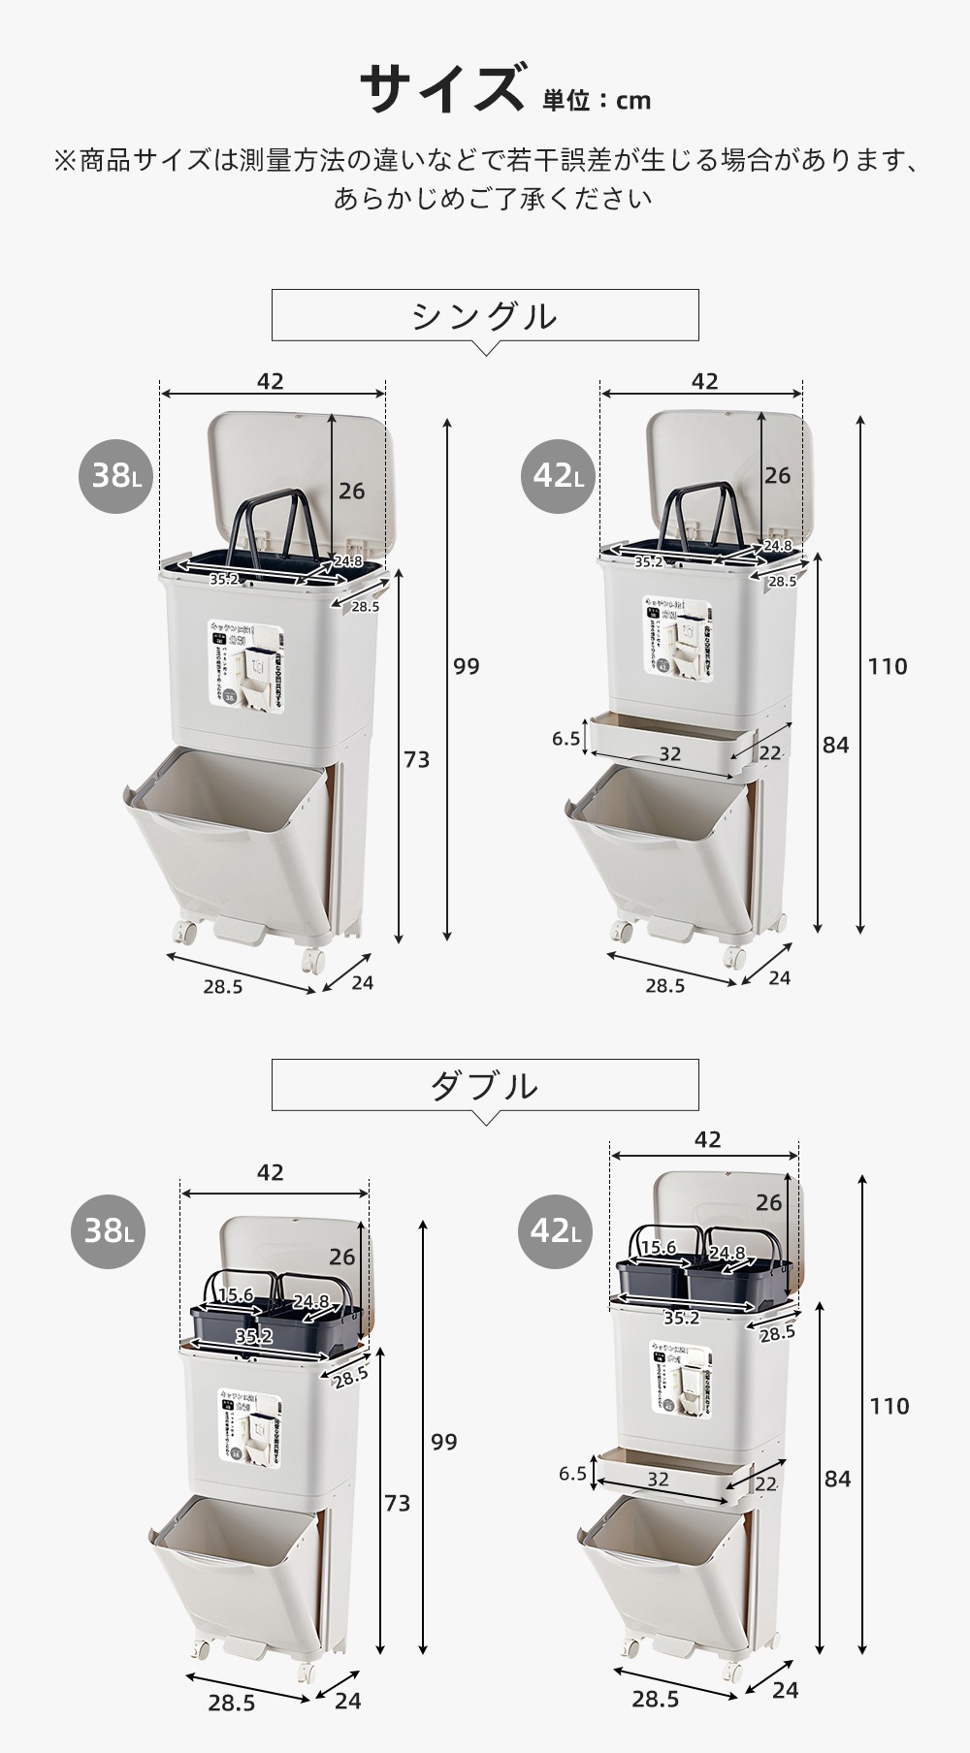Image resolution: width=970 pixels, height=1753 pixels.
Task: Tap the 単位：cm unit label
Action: pyautogui.click(x=597, y=101)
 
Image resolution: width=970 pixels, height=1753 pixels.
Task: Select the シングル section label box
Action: pyautogui.click(x=485, y=315)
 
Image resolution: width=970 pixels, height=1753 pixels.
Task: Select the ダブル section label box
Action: pyautogui.click(x=485, y=1084)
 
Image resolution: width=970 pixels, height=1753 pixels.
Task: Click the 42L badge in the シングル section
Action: pyautogui.click(x=558, y=475)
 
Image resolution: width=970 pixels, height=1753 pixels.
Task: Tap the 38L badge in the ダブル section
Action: pyautogui.click(x=109, y=1231)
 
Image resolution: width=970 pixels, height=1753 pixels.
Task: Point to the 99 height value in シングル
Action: pyautogui.click(x=466, y=666)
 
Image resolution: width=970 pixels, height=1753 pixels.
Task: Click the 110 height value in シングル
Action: pyautogui.click(x=888, y=666)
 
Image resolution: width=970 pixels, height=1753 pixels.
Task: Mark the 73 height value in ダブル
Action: pyautogui.click(x=397, y=1503)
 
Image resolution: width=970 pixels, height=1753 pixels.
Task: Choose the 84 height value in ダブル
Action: pyautogui.click(x=837, y=1479)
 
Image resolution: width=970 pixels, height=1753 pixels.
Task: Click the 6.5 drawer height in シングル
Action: pyautogui.click(x=566, y=739)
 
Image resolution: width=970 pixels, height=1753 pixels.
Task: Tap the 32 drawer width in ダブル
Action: pyautogui.click(x=658, y=1480)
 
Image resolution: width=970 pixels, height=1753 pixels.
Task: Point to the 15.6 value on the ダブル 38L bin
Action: pyautogui.click(x=235, y=1295)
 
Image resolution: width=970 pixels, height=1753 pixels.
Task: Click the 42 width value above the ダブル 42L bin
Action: pyautogui.click(x=707, y=1139)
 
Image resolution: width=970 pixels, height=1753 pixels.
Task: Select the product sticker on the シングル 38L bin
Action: pyautogui.click(x=249, y=662)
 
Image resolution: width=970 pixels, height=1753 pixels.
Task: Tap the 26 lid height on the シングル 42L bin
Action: pyautogui.click(x=777, y=475)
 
